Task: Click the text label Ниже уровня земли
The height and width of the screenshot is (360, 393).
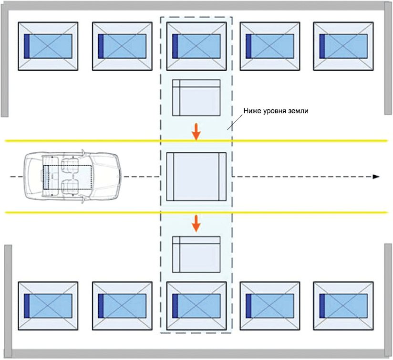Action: tap(276, 111)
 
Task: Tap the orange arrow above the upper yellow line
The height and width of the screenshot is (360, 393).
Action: tap(196, 132)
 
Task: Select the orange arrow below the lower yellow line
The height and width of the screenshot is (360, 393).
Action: tap(196, 223)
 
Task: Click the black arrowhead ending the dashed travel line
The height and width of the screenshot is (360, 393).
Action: tap(376, 177)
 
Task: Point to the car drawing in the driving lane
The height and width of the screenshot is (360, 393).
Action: tap(72, 177)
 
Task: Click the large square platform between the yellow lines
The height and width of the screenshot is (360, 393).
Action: tap(196, 177)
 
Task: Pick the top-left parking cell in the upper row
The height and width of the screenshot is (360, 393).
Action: tap(48, 46)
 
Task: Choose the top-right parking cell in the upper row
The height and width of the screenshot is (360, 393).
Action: tap(343, 46)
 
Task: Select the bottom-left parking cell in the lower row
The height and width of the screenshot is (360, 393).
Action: tap(48, 306)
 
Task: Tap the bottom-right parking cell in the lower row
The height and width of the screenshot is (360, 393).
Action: tap(343, 306)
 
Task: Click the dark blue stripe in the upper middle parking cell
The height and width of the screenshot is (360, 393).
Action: tap(175, 46)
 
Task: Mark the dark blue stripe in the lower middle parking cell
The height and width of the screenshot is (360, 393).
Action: tap(175, 306)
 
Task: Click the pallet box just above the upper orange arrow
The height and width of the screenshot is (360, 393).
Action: tap(196, 97)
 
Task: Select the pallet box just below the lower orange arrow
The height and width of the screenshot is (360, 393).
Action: tap(196, 254)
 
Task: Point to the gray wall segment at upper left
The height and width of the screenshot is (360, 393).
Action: tap(4, 60)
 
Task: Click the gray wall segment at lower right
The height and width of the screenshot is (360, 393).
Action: tap(388, 300)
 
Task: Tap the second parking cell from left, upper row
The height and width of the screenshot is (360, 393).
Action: tap(122, 46)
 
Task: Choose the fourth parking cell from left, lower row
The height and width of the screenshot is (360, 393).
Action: tap(270, 306)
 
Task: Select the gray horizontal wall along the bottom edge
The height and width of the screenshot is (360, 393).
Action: tap(198, 353)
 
